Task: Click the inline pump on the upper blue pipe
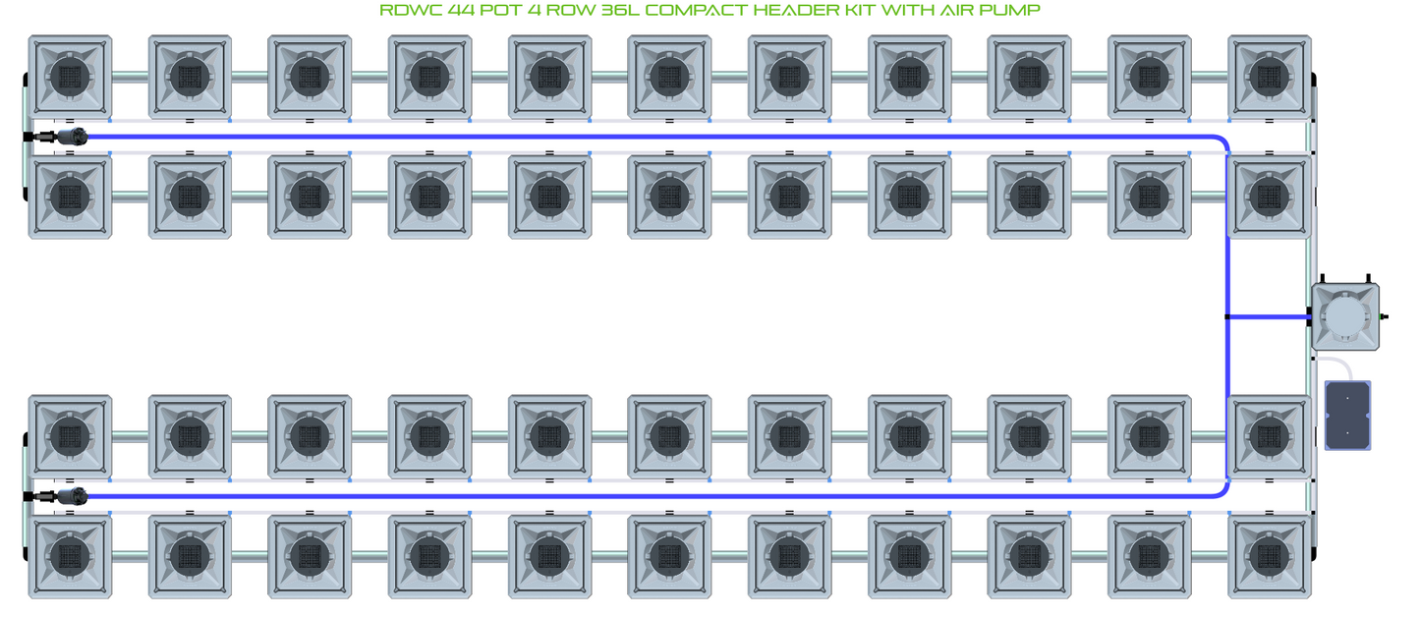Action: pyautogui.click(x=71, y=138)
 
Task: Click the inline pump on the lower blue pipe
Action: pyautogui.click(x=71, y=497)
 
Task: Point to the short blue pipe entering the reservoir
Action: pyautogui.click(x=1268, y=316)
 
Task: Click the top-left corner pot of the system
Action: pyautogui.click(x=70, y=77)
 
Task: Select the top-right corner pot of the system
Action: pyautogui.click(x=1269, y=77)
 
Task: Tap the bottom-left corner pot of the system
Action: pyautogui.click(x=70, y=556)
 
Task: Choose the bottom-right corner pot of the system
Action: pyautogui.click(x=1269, y=556)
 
